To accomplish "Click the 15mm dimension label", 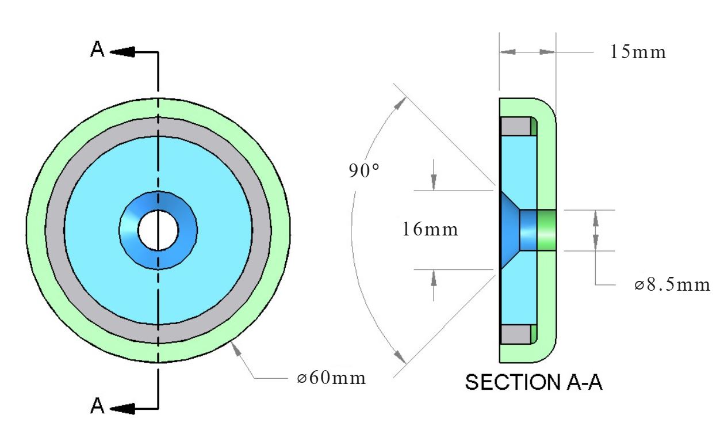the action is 638,52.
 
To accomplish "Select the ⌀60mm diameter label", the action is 331,378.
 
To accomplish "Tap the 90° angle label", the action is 364,170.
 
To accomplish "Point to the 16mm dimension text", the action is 430,230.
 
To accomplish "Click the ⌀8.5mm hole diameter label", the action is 672,285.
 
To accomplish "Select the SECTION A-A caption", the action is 534,382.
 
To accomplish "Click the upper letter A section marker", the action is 97,50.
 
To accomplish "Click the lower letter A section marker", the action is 97,406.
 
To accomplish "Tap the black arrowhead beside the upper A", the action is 122,52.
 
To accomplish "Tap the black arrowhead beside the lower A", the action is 122,408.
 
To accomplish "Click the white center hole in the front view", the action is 158,230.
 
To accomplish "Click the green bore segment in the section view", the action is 546,230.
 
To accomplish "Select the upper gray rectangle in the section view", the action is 516,127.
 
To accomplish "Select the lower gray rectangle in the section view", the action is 516,334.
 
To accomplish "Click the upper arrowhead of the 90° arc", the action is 400,103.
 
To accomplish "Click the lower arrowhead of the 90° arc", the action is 400,357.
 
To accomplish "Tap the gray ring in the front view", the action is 158,127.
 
